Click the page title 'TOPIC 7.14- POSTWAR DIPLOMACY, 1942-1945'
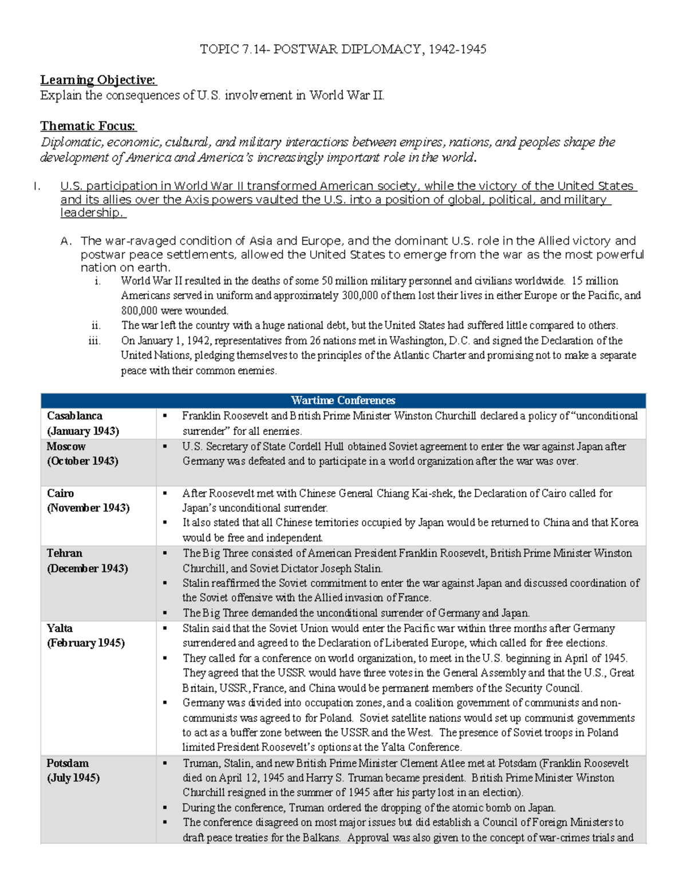[343, 49]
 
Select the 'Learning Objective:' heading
[98, 80]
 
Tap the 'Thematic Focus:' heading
[88, 126]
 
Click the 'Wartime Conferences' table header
[343, 401]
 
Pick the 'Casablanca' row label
[74, 416]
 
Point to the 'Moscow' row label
[66, 447]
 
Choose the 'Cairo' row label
[61, 493]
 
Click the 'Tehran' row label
[65, 554]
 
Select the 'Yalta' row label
[60, 629]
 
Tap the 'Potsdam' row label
[68, 764]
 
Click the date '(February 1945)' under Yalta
[86, 643]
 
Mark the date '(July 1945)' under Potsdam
[73, 779]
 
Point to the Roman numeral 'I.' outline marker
[37, 186]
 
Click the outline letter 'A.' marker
[66, 241]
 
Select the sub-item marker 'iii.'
[94, 341]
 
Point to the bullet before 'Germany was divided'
[165, 703]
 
